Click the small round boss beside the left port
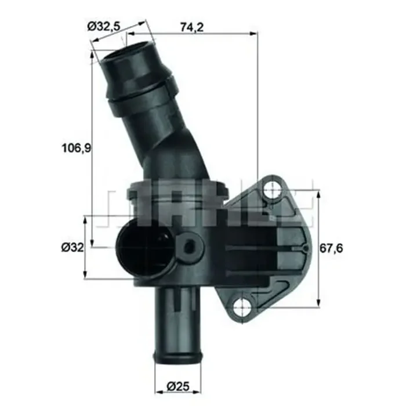(x=190, y=247)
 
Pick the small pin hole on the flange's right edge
(x=306, y=248)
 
